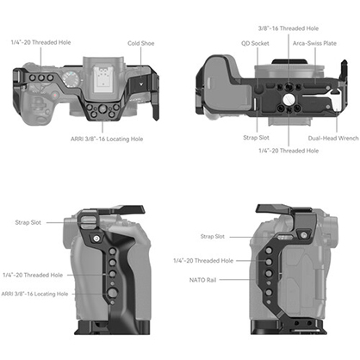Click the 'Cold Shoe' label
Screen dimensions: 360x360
coord(140,42)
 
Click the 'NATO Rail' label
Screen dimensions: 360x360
coord(191,278)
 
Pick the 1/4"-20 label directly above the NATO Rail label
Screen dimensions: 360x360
coord(203,259)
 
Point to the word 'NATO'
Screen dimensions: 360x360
coord(183,278)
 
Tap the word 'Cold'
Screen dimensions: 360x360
coord(133,42)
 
